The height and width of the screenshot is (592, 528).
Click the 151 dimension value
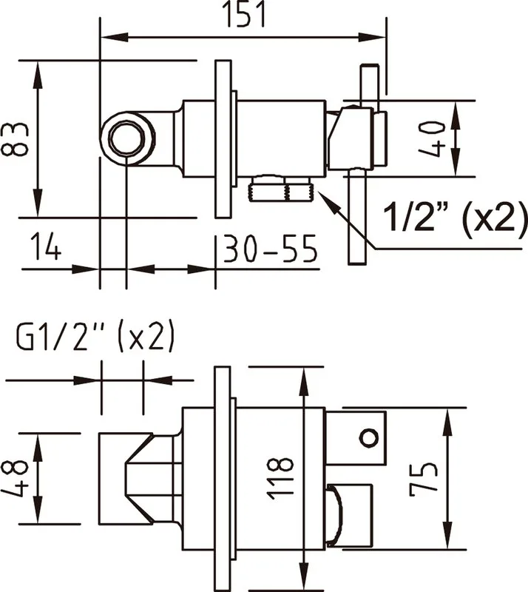[x=245, y=14]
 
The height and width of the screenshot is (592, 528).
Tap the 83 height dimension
[x=14, y=139]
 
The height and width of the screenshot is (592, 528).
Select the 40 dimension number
[x=433, y=138]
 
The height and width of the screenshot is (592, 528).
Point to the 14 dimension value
[x=45, y=246]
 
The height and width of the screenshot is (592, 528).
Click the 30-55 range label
[x=270, y=249]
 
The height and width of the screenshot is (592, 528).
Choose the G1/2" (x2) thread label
[x=95, y=335]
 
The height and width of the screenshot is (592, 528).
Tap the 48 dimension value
[x=14, y=478]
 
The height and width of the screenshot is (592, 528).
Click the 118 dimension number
[x=280, y=479]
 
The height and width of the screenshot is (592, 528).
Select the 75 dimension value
[x=424, y=478]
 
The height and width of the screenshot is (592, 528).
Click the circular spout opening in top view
[x=127, y=138]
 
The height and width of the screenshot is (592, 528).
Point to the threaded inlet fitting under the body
[x=281, y=188]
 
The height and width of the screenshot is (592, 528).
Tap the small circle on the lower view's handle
[x=369, y=438]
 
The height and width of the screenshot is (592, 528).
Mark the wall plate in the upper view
[x=223, y=138]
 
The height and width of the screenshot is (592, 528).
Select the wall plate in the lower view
[x=223, y=479]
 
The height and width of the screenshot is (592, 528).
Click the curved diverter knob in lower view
[x=334, y=516]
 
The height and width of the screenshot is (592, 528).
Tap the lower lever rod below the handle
[x=356, y=216]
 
